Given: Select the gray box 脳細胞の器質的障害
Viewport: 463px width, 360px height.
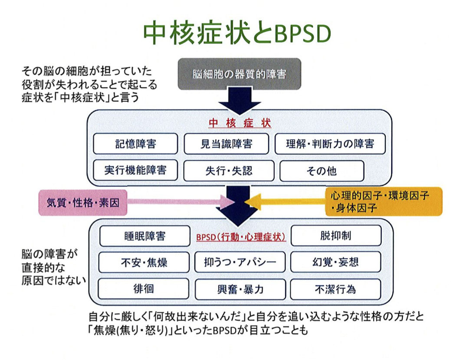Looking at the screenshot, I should (239, 74).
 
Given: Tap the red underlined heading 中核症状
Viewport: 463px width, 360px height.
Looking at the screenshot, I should (240, 123).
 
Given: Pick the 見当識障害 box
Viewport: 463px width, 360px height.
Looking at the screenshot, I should (228, 144).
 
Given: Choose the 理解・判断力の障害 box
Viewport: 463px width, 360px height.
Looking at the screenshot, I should (330, 144).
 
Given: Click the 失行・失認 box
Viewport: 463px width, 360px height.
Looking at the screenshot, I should (228, 171).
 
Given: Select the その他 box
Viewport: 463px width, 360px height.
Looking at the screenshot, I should (321, 171).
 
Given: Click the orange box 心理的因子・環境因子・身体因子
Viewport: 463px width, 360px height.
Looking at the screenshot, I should (383, 201).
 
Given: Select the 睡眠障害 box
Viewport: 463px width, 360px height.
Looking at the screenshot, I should (144, 236).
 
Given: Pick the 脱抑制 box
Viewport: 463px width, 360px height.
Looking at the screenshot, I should (335, 235).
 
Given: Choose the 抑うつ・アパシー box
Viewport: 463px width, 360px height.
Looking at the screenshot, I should (240, 262).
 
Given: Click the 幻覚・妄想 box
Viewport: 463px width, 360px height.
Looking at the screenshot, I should (335, 262).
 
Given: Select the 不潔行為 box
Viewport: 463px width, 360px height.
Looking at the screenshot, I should (335, 289).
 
